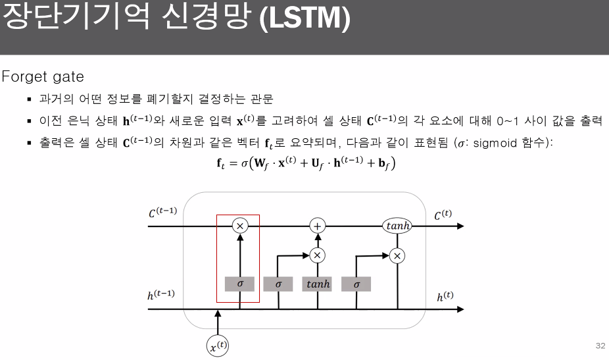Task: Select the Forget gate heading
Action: (x=43, y=77)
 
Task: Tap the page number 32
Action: (x=599, y=346)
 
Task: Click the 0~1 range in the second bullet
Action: (x=510, y=121)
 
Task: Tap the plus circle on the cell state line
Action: (x=318, y=226)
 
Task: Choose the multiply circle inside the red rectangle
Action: (x=239, y=226)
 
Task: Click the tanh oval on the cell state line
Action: (x=397, y=226)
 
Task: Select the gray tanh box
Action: (x=318, y=284)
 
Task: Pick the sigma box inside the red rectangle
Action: (x=239, y=284)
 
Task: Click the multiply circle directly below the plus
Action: (x=318, y=255)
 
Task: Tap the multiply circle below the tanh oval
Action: (x=397, y=255)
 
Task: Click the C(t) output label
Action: (x=443, y=215)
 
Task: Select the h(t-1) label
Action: (x=160, y=294)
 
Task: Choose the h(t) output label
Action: (x=445, y=296)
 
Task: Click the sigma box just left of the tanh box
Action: (x=278, y=284)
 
